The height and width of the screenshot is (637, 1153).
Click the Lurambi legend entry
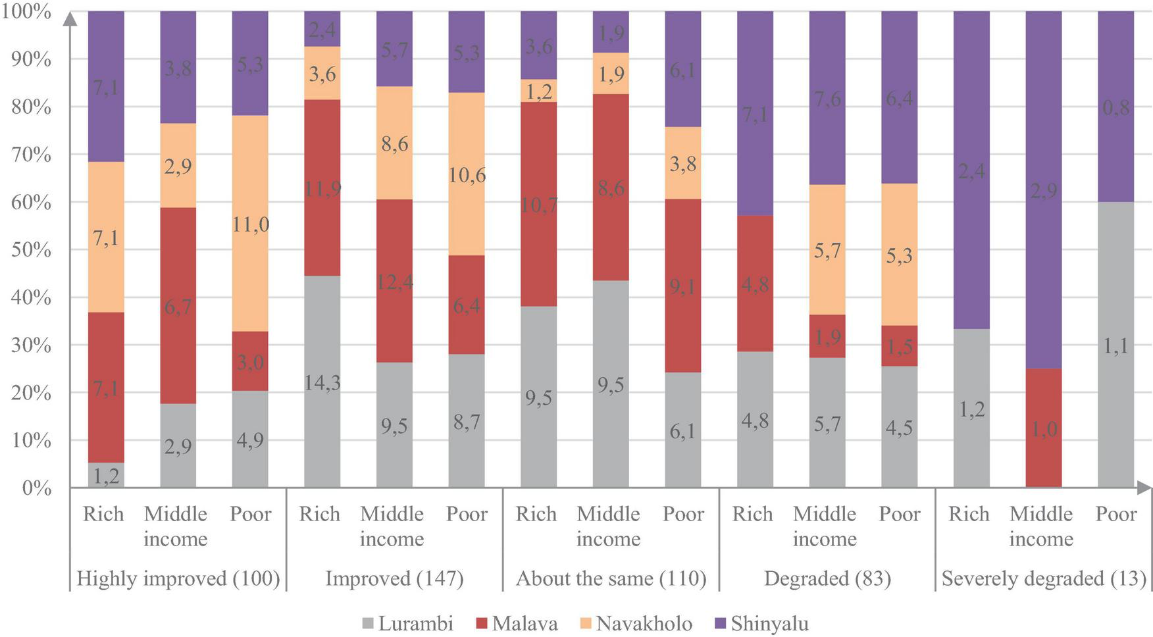(415, 623)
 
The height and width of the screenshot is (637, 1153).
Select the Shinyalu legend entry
(769, 623)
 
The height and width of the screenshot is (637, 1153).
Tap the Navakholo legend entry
(644, 623)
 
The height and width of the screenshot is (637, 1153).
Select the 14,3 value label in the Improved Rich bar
(322, 382)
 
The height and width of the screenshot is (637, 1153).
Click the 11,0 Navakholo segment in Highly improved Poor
(250, 224)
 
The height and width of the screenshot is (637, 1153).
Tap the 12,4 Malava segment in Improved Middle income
(394, 281)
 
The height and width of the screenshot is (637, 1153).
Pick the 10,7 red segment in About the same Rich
(538, 205)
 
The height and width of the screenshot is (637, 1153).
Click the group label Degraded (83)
(827, 578)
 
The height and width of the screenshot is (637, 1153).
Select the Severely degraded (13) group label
(1043, 578)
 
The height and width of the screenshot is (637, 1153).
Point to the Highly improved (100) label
(178, 578)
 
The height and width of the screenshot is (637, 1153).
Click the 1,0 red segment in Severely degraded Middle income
(1043, 428)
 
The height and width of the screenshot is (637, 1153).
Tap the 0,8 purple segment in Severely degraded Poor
(1115, 107)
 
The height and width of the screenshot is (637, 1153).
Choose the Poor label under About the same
(683, 514)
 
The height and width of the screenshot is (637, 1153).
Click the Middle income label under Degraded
(825, 526)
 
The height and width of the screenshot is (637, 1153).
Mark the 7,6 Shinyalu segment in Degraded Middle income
(827, 99)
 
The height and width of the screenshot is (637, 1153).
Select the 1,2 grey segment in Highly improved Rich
(106, 475)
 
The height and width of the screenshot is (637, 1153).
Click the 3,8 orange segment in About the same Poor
(683, 163)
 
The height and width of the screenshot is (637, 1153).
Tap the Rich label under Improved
(319, 514)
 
